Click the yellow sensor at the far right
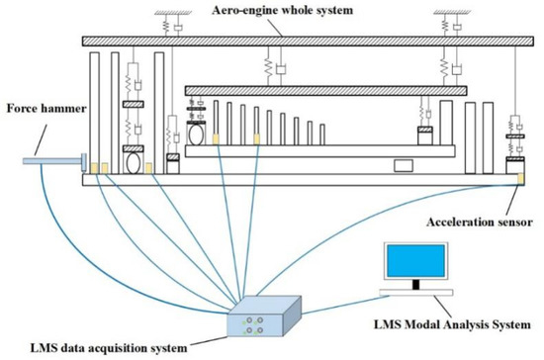520,179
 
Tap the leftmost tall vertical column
95,115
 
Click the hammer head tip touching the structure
85,161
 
